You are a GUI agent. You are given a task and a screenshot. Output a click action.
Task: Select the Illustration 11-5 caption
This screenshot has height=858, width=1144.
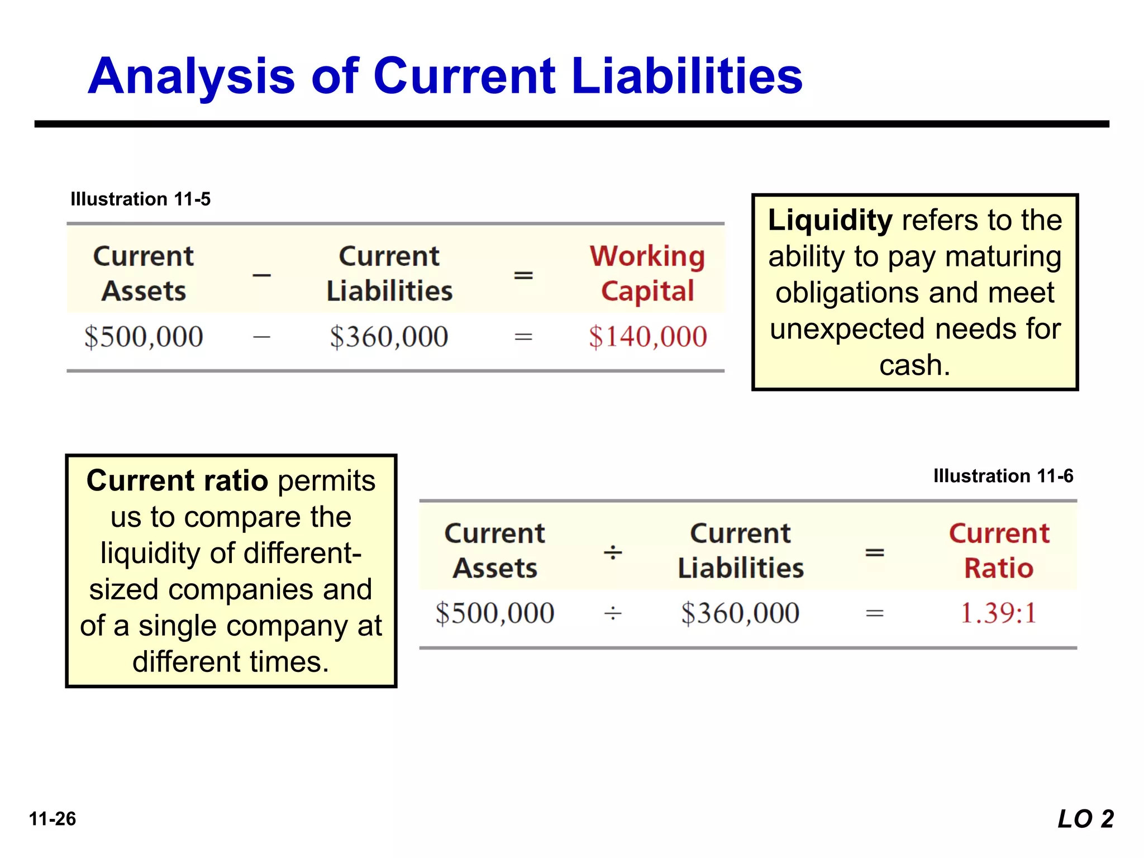coord(140,199)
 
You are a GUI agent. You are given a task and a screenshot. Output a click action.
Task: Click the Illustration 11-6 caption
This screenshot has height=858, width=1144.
coord(1003,476)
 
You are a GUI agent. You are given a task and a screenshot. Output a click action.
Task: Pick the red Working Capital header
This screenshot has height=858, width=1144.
coord(647,274)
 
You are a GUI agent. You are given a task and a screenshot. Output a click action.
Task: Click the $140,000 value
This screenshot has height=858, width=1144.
coord(647,337)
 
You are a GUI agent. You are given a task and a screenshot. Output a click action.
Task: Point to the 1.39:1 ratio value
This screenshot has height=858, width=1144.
coord(998,613)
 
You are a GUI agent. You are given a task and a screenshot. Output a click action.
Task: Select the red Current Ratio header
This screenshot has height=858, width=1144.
coord(999,551)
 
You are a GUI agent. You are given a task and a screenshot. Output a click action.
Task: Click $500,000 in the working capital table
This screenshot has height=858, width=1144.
coord(144,337)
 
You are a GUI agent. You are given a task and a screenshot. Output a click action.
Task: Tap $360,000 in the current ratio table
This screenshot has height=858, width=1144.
coord(740,613)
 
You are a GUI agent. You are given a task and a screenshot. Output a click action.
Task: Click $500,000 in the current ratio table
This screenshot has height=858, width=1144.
coord(494,613)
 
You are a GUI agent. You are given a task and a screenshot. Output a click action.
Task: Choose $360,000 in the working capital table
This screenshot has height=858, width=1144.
coord(389,337)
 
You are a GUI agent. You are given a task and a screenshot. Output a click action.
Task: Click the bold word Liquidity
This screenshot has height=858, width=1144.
coord(830,220)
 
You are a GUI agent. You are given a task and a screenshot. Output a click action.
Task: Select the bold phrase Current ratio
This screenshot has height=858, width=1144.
coord(177,481)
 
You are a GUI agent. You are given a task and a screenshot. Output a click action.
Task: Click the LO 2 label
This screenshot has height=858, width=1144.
coord(1085,819)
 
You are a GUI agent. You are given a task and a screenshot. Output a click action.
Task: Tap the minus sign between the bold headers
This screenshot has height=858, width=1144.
coord(261,275)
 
